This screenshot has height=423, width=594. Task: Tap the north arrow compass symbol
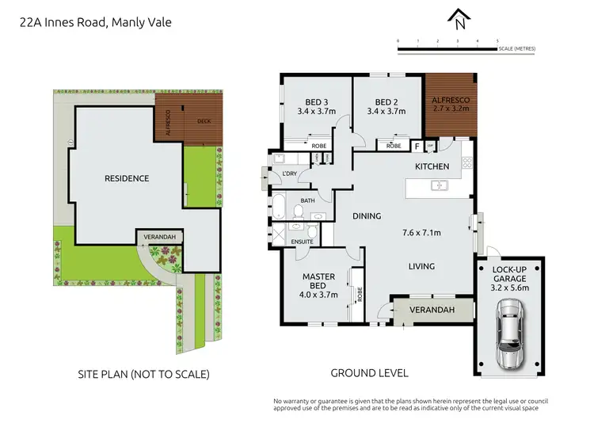[x=459, y=17]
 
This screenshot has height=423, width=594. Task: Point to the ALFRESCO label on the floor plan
[x=450, y=101]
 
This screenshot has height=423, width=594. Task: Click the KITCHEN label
[x=432, y=166]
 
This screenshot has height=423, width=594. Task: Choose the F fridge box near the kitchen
[x=417, y=146]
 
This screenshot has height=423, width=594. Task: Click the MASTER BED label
[x=319, y=281]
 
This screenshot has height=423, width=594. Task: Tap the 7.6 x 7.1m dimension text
[x=421, y=232]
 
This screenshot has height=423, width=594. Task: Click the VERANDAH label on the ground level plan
[x=432, y=311]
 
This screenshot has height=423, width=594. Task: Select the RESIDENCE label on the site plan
[x=127, y=178]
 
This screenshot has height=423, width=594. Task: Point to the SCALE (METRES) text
[x=518, y=49]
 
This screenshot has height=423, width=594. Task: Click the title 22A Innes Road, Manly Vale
[x=95, y=22]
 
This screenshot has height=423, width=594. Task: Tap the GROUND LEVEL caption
[x=369, y=372]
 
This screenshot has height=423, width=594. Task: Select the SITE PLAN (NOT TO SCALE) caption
[x=143, y=373]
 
